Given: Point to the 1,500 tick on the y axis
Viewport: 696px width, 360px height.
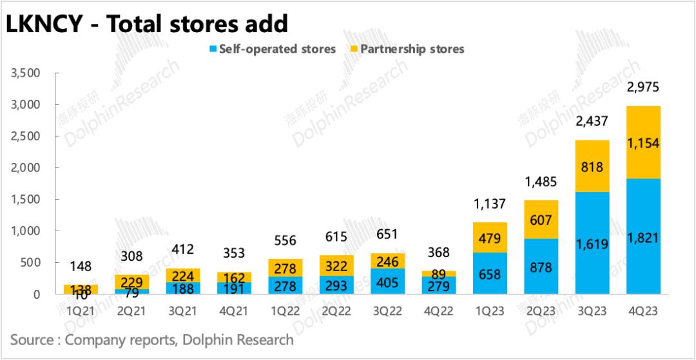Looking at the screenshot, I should pos(26,200).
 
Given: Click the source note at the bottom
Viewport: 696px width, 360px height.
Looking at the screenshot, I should pos(152,339).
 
